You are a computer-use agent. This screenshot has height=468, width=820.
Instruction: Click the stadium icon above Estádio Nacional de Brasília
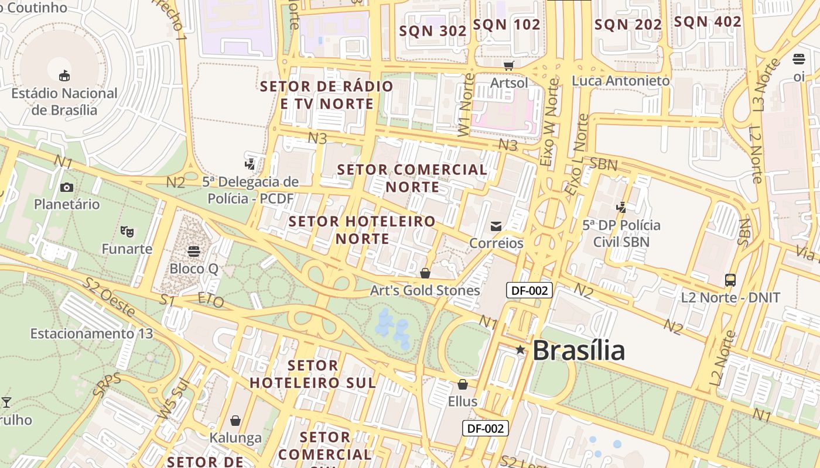point(64,75)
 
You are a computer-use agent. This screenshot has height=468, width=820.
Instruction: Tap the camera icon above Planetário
point(67,187)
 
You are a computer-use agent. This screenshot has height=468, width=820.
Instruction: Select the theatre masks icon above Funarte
point(127,231)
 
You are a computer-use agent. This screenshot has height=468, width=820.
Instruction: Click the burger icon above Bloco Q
point(194,251)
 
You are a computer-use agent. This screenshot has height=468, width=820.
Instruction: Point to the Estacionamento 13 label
point(91,333)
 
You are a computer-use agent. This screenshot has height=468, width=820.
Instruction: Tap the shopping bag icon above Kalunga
point(235,421)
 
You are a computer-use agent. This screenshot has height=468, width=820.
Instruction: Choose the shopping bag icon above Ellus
point(463,384)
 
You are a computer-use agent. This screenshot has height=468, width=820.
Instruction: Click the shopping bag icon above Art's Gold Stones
point(425,273)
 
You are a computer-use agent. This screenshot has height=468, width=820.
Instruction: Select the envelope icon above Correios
point(496,226)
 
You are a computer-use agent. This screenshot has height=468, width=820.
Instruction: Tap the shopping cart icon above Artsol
point(508,66)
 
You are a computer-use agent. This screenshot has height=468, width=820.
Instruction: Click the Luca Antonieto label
point(621,81)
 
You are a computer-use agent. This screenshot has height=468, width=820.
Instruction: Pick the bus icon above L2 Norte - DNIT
point(730,280)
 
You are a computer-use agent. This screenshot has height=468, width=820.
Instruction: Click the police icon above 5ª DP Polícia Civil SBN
point(621,207)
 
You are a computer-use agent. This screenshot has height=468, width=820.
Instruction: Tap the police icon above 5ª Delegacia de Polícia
point(250,164)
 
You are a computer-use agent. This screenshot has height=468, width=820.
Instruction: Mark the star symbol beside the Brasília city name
point(520,350)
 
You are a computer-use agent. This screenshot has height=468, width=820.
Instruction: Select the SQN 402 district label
point(708,22)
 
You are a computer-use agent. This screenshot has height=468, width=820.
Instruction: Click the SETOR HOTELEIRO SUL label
point(313,374)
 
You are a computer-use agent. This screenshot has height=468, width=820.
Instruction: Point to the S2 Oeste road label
point(109,297)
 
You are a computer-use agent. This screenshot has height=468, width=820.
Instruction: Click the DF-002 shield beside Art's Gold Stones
point(529,290)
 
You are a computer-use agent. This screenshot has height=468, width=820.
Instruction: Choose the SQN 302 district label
point(433,31)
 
